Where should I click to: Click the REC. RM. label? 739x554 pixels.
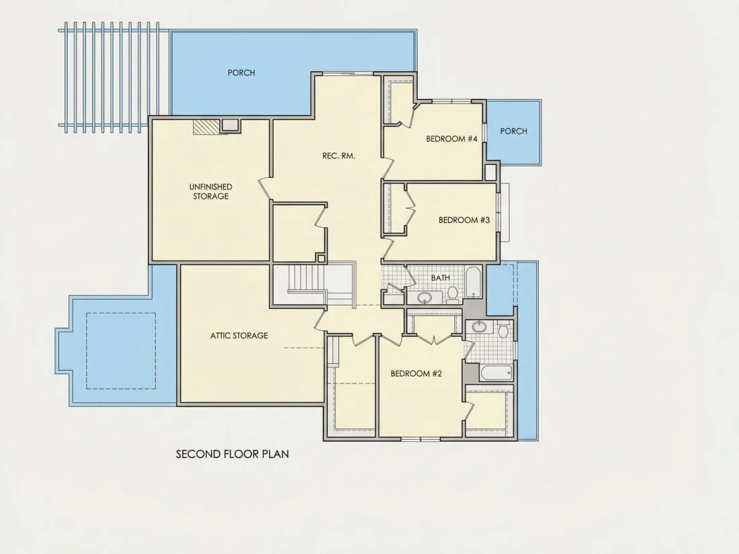click(x=339, y=156)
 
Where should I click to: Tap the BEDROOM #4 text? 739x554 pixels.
click(x=451, y=138)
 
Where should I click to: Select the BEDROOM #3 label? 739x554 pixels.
click(x=464, y=220)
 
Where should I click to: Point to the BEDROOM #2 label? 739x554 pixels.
click(x=416, y=373)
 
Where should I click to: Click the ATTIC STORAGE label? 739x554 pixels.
click(x=239, y=335)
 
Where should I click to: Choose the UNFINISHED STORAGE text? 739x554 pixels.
click(x=211, y=191)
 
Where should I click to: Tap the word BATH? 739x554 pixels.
click(x=440, y=278)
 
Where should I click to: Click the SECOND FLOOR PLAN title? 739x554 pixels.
click(x=232, y=454)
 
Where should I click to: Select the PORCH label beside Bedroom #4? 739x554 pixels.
click(x=513, y=131)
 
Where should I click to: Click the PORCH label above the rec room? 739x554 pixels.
click(x=241, y=73)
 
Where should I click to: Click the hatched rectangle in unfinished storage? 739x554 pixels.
click(x=206, y=127)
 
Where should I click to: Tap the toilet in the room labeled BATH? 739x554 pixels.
click(x=452, y=293)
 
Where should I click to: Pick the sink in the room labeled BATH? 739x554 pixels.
click(x=425, y=297)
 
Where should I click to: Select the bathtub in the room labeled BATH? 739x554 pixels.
click(x=473, y=282)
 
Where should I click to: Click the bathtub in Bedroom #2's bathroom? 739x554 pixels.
click(x=496, y=373)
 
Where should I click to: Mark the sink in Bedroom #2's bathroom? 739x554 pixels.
click(x=480, y=326)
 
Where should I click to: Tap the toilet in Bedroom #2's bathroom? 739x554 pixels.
click(x=503, y=330)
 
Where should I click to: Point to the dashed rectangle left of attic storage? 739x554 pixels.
click(x=121, y=351)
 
